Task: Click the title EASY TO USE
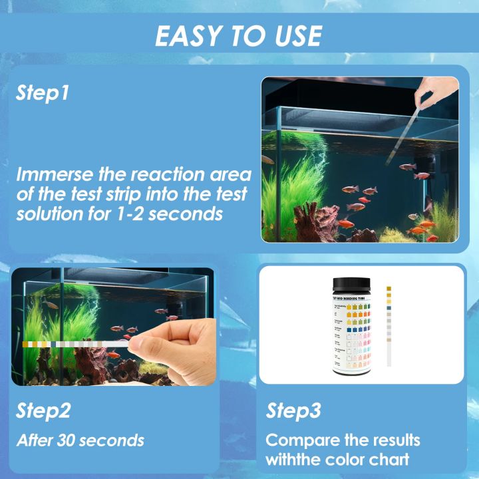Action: (239, 35)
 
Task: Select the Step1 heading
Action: (43, 94)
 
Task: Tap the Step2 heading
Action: (43, 410)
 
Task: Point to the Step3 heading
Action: (294, 410)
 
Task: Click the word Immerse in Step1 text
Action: (54, 176)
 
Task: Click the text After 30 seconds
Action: (80, 440)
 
